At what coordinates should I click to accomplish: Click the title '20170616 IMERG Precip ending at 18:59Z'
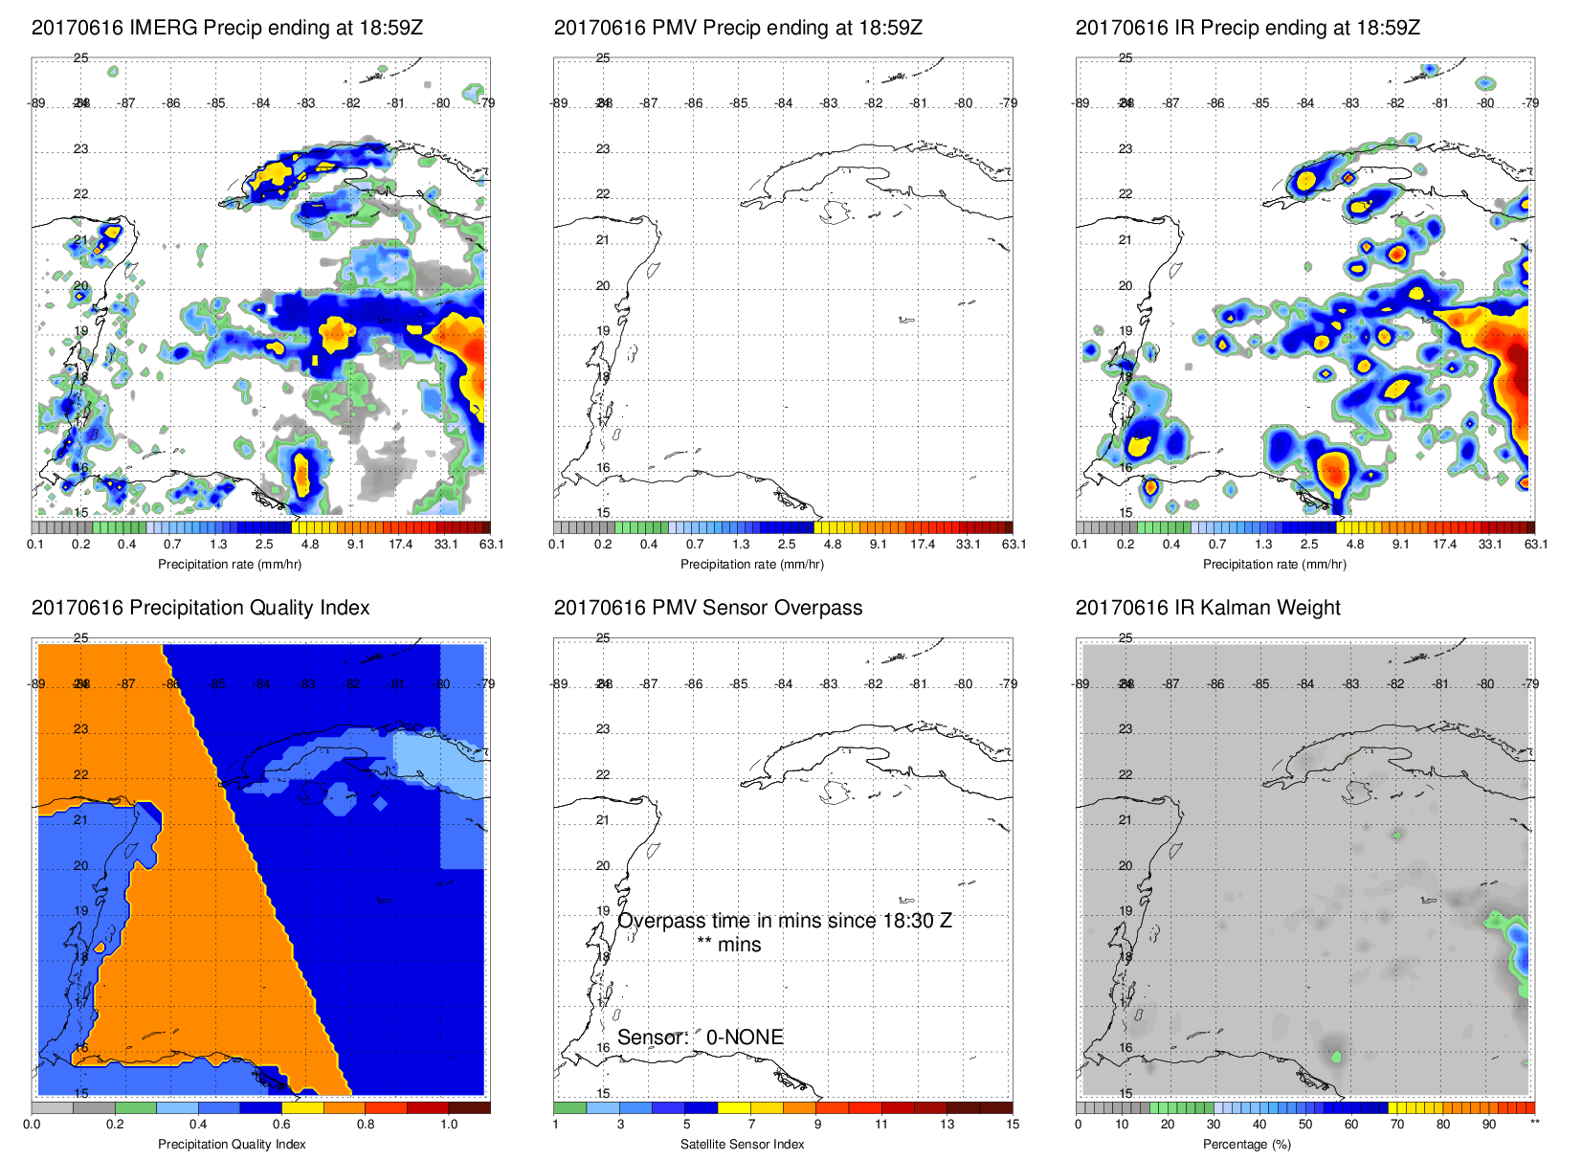227,28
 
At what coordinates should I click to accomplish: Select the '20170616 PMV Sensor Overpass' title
707,608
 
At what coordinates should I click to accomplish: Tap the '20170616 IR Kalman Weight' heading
1207,608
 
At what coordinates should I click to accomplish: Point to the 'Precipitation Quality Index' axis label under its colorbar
232,1144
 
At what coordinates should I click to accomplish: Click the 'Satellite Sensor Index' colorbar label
742,1144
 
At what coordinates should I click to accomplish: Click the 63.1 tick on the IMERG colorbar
491,545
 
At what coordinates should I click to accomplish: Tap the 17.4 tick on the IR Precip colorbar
1444,545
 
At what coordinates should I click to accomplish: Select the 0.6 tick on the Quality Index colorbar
281,1125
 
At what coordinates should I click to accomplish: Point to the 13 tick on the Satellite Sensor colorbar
947,1125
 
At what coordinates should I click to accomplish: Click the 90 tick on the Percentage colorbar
1488,1125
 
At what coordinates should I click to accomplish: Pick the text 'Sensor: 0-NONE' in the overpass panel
700,1037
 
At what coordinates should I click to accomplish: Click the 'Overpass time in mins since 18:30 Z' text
784,921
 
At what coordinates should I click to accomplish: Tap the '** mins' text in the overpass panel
728,945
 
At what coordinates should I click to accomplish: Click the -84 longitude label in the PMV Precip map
784,103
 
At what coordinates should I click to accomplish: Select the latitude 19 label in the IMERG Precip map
81,331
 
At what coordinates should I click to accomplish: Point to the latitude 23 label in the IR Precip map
1125,149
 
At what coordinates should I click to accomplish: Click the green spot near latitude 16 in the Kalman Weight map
1336,1057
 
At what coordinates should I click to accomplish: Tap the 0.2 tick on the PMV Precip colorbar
603,545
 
